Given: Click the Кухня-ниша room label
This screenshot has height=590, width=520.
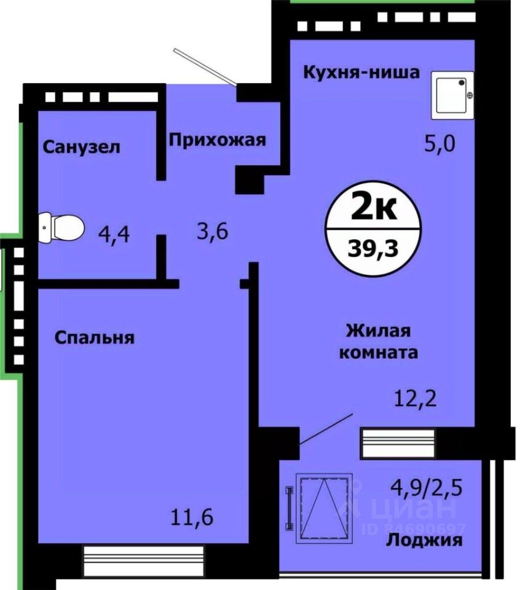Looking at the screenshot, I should tap(361, 73).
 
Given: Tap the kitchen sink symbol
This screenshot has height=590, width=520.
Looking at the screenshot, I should tap(455, 95).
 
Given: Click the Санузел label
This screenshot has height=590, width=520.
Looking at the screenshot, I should tap(81, 147).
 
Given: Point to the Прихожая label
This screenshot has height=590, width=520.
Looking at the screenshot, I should tap(218, 140).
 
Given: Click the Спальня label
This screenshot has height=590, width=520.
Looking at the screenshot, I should tap(94, 337).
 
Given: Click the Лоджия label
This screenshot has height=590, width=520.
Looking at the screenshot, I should tap(423, 540).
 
